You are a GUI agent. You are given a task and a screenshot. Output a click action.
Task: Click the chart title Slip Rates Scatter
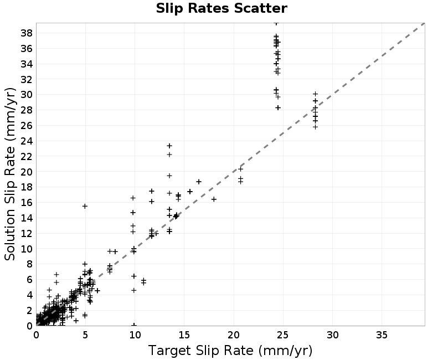pos(221,8)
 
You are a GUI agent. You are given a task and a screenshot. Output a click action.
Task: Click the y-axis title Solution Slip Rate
pos(10,174)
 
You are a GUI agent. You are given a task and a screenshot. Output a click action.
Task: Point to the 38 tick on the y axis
pos(27,33)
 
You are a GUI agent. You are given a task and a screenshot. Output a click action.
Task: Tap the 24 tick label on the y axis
pos(27,141)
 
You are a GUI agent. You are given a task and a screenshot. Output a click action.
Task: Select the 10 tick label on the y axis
pos(27,249)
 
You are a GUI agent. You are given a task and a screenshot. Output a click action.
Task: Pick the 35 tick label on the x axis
pos(382,335)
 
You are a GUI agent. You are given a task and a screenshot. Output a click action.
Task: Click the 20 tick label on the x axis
pos(234,335)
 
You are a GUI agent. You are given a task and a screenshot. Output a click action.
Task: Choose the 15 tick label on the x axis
pos(184,335)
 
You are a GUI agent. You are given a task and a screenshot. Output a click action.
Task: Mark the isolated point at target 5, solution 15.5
pos(85,206)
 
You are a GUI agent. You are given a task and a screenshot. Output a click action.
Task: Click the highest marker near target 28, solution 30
pos(316,94)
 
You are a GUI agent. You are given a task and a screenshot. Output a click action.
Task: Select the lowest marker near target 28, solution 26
pos(315,127)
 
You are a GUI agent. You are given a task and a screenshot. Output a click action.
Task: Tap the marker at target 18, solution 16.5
pos(214,199)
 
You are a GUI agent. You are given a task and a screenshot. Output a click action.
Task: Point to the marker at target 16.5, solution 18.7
pos(199,182)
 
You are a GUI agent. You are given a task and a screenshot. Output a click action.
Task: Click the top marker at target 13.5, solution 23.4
pos(169,146)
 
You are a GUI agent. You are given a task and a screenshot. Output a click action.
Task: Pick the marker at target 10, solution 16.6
pos(133,198)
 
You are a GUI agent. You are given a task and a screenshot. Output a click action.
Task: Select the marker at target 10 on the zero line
pos(134,325)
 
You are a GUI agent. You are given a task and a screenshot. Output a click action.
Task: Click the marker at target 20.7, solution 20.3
pos(240,169)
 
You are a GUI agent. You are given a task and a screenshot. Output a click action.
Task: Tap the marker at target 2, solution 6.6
pos(56,274)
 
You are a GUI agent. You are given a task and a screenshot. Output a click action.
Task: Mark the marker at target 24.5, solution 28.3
pos(278,107)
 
